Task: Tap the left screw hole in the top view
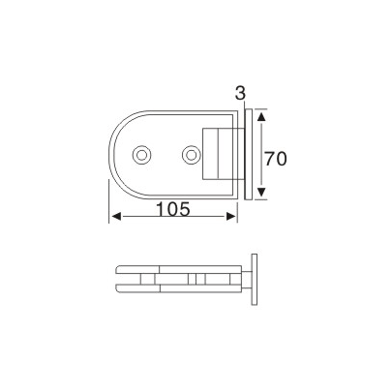click(143, 154)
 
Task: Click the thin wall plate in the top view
click(249, 155)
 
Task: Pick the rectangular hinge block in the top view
click(219, 154)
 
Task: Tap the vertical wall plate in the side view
click(255, 281)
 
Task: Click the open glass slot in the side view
click(127, 282)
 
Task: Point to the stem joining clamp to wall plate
click(244, 282)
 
